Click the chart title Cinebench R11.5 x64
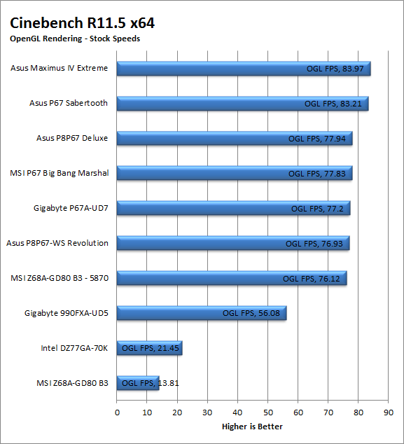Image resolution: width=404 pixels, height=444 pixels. tap(82, 23)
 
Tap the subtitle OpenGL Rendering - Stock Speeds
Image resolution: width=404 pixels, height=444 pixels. tap(75, 39)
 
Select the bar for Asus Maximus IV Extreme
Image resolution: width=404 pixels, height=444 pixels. tap(244, 69)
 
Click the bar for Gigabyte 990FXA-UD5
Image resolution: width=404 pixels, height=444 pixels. tap(202, 313)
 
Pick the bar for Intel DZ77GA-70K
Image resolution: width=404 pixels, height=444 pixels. tap(149, 348)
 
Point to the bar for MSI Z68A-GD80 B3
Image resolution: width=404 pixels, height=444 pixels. tap(138, 383)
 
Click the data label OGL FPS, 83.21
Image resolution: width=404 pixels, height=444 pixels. tap(333, 104)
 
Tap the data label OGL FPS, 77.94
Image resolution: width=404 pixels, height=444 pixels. tap(317, 139)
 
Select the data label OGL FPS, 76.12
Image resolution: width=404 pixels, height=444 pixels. tap(312, 279)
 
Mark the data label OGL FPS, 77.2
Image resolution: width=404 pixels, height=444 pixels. tap(317, 209)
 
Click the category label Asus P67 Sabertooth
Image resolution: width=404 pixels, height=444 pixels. tap(69, 103)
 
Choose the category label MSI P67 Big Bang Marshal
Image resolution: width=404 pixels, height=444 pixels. tap(60, 173)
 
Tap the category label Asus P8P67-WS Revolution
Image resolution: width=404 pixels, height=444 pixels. tap(57, 243)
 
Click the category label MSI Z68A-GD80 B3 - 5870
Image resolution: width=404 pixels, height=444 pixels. tap(60, 278)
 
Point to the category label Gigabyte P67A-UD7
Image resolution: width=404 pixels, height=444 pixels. tap(71, 209)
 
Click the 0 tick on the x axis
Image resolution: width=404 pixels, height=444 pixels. tap(117, 412)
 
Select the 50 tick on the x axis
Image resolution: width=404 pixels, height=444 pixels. tap(268, 412)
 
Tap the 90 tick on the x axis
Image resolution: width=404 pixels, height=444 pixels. tap(389, 412)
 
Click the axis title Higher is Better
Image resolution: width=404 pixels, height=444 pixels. tap(252, 426)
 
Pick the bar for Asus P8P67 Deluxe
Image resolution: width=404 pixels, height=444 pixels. tap(235, 139)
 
